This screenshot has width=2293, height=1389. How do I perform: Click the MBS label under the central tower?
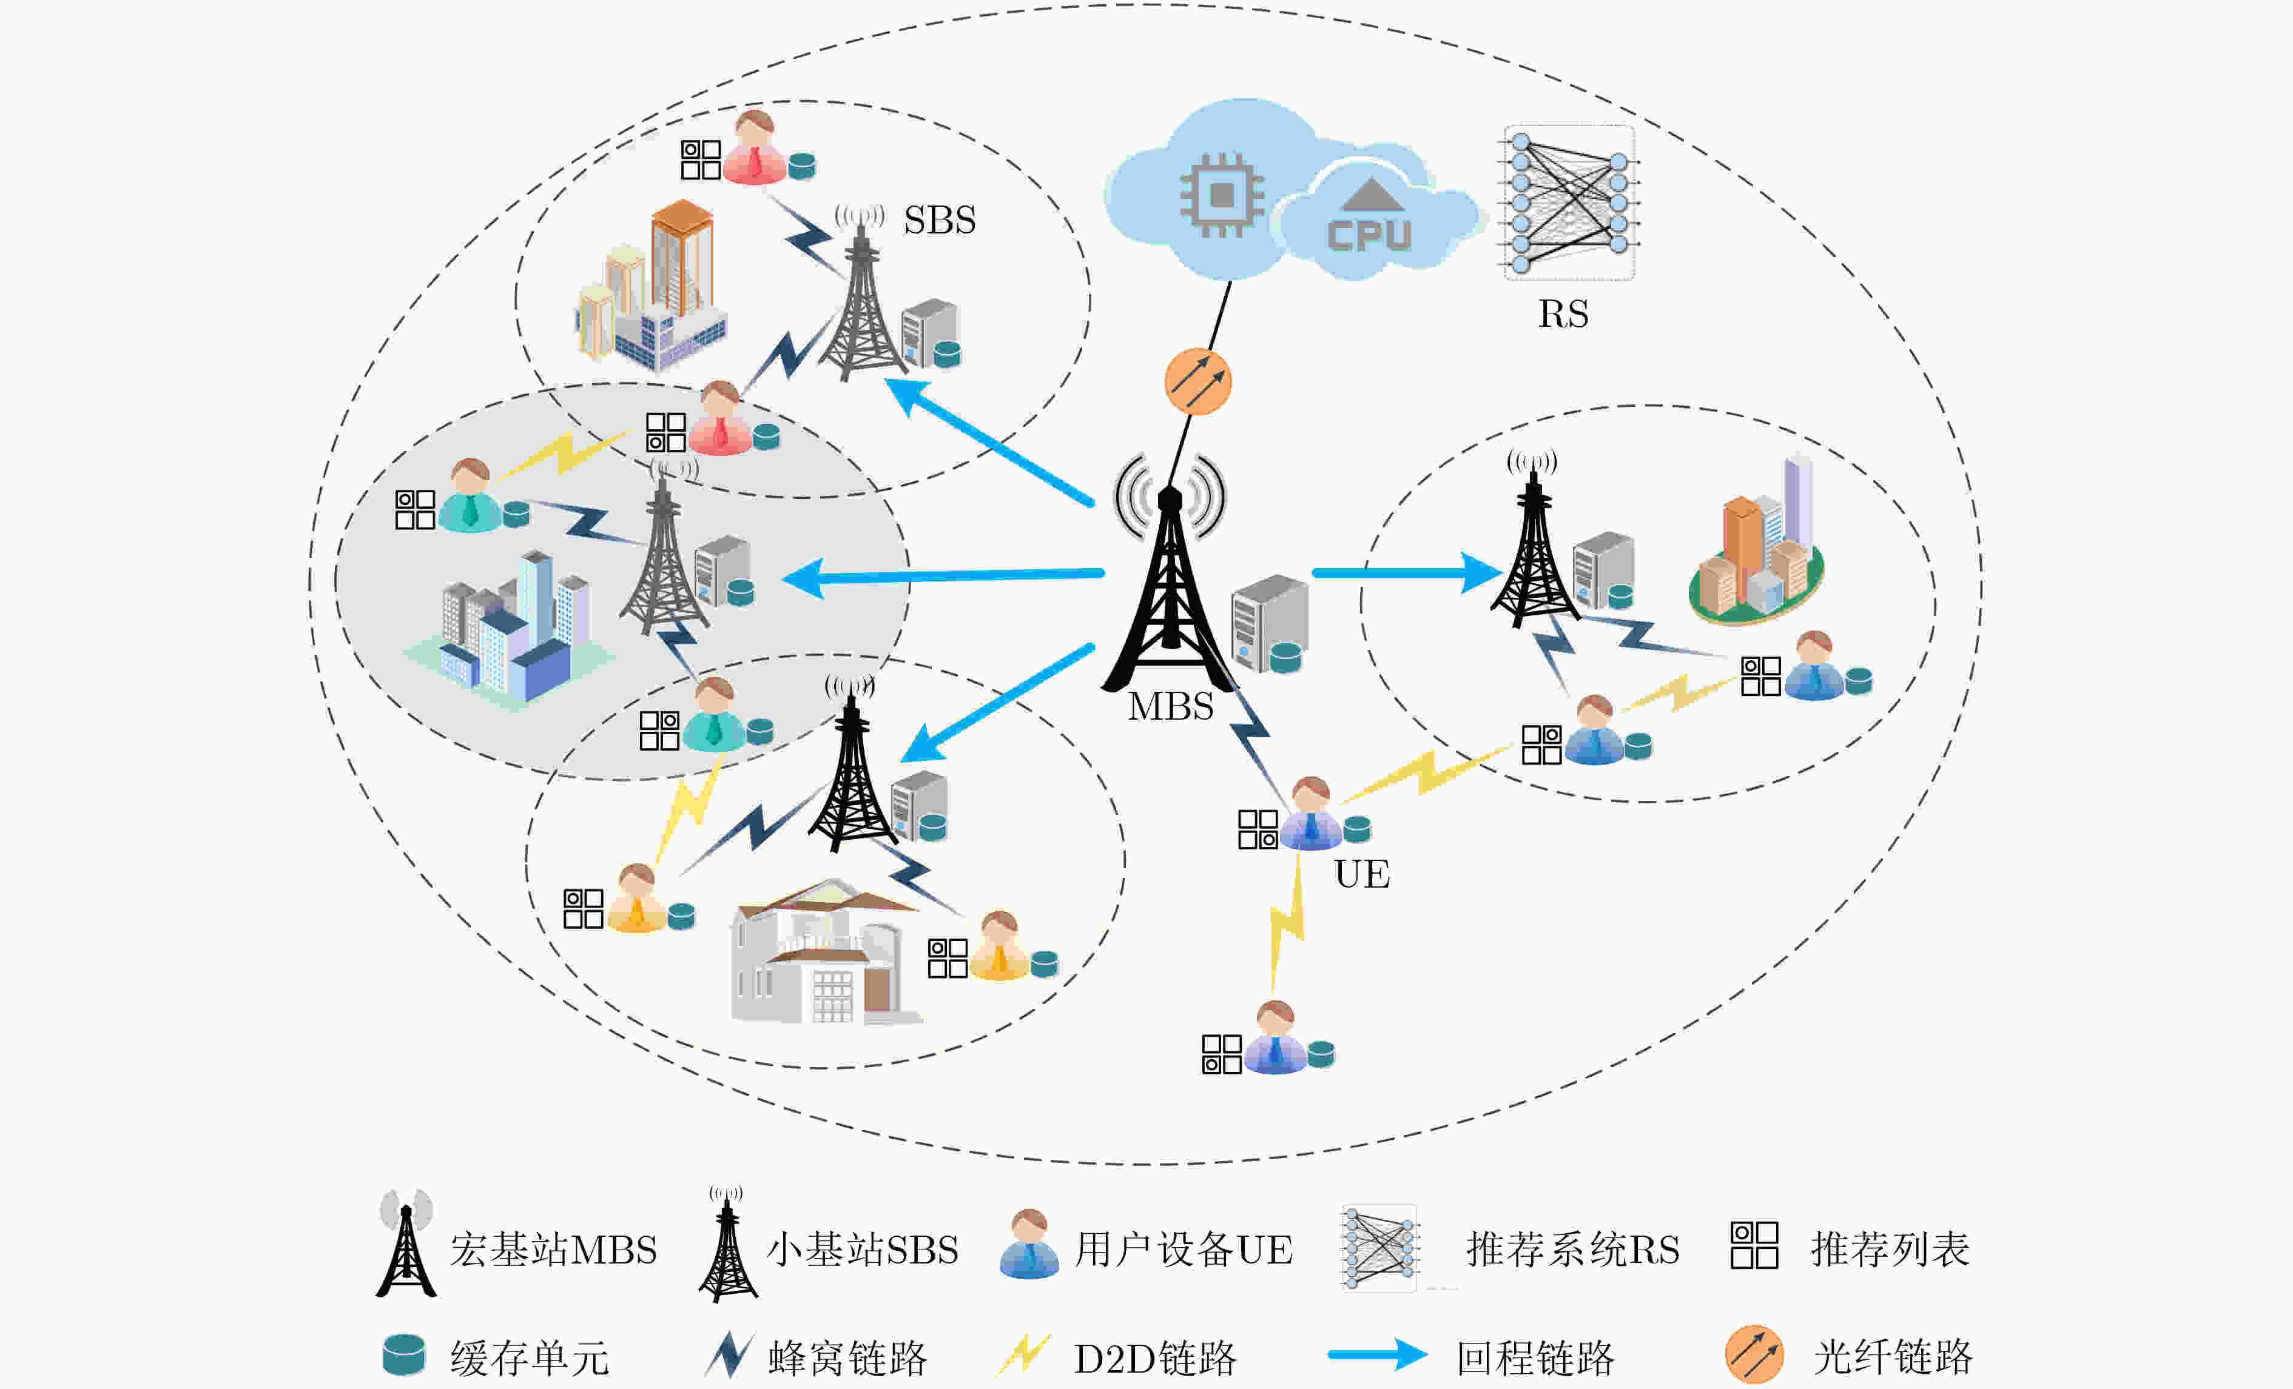tap(1171, 706)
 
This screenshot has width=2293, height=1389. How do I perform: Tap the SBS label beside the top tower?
tap(940, 221)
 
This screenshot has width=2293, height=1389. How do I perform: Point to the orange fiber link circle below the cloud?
tap(1197, 381)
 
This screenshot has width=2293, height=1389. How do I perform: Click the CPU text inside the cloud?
tap(1369, 235)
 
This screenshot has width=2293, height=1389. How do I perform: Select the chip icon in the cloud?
tap(1222, 195)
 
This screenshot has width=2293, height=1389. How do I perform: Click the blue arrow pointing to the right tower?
tap(1407, 572)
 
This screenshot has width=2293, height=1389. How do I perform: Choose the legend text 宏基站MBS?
tap(554, 1250)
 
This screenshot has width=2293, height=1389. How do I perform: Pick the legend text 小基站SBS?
tap(862, 1250)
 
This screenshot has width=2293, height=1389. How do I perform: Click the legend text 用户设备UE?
tap(1184, 1250)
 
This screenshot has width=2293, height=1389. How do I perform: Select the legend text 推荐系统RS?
tap(1574, 1250)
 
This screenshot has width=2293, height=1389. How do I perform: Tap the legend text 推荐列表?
tap(1890, 1250)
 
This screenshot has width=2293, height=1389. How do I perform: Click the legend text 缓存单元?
tap(530, 1358)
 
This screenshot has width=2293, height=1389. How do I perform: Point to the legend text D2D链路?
tap(1155, 1358)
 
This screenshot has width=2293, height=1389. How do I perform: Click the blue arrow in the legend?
tap(1377, 1354)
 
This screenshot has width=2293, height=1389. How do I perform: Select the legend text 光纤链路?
tap(1893, 1357)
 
